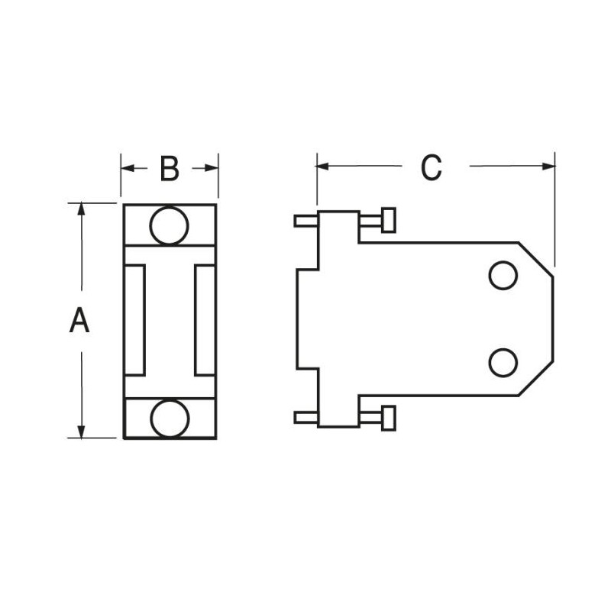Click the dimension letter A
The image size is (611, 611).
(x=79, y=320)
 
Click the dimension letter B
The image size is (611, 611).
(x=170, y=169)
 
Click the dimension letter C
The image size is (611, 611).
(x=431, y=167)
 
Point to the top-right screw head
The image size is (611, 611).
(x=389, y=220)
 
